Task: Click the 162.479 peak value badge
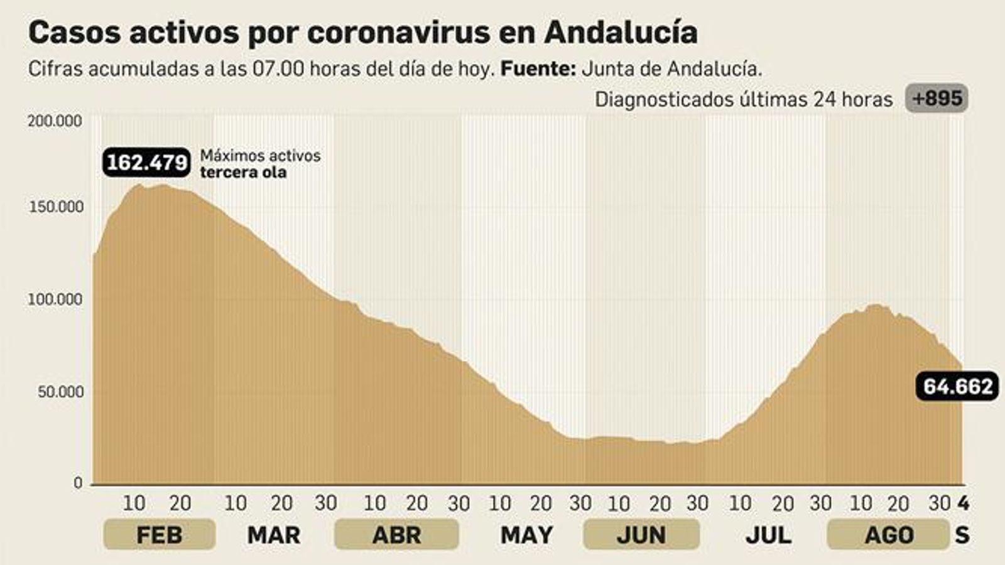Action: (x=147, y=163)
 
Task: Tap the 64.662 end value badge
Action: (x=957, y=386)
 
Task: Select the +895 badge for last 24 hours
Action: (x=937, y=99)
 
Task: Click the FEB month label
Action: (x=159, y=535)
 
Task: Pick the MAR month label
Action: (x=274, y=535)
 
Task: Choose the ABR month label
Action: (x=396, y=535)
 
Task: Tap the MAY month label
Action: (x=526, y=535)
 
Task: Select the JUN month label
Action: (x=641, y=535)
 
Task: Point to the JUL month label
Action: (x=768, y=535)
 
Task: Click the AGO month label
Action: (x=889, y=535)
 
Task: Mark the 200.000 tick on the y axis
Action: (x=55, y=121)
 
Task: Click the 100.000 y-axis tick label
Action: (x=55, y=299)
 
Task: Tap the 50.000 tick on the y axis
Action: (x=60, y=392)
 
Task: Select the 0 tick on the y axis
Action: (x=78, y=483)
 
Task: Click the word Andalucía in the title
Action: (x=621, y=33)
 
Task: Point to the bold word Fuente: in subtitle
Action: (x=538, y=68)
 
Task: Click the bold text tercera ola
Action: (x=243, y=172)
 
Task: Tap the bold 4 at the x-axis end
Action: (x=963, y=503)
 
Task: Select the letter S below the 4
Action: (x=962, y=535)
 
